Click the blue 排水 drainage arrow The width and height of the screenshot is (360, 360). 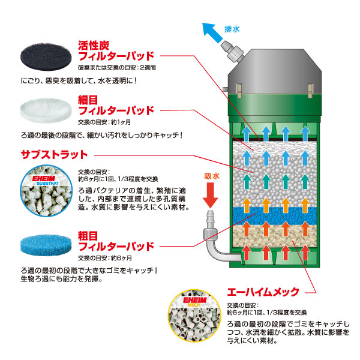212,32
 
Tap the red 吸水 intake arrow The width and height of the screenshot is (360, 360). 211,195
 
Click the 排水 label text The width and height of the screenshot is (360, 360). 232,29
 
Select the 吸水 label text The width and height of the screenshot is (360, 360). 212,176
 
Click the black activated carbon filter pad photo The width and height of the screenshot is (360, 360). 46,57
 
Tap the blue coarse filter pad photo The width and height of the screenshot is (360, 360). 46,245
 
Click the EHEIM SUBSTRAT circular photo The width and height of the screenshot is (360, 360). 46,191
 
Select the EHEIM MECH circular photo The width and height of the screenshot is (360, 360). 194,316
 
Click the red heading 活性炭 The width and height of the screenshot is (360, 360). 94,46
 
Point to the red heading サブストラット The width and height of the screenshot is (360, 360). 55,155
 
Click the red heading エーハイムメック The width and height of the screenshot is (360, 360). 263,292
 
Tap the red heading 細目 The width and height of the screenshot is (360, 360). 88,100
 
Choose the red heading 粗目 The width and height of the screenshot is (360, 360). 88,236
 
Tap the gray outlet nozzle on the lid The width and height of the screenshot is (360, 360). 232,52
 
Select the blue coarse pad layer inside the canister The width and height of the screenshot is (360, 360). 275,216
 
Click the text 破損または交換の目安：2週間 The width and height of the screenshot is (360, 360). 117,67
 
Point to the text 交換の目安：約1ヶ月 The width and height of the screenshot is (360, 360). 104,122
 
